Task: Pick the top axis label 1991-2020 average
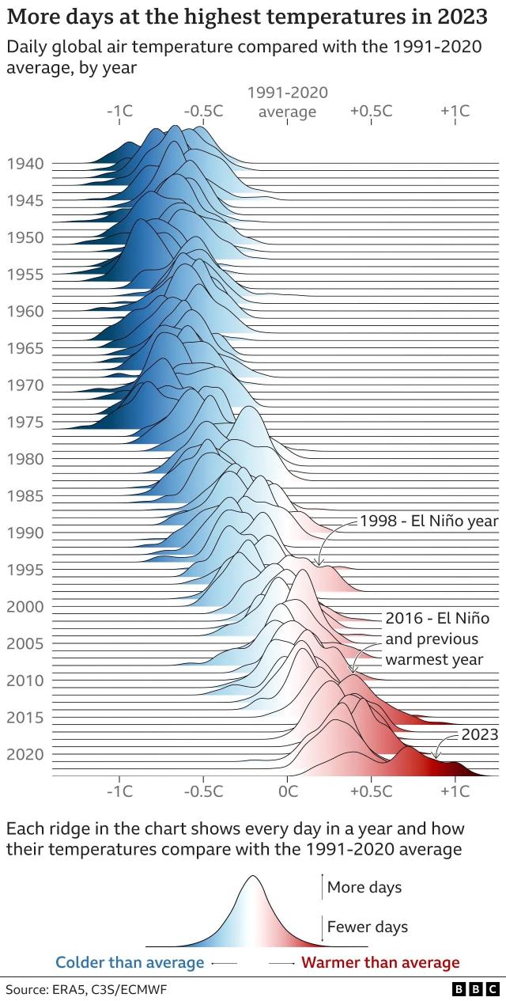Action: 287,102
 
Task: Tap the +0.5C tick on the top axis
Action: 371,111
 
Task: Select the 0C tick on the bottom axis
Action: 288,791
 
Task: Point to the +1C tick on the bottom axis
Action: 455,791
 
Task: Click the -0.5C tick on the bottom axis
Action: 203,791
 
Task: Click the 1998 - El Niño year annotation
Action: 429,521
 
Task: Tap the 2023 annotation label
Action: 479,734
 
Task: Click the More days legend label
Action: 364,887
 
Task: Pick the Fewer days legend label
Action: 367,927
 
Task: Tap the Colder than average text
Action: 129,962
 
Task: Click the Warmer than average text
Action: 380,962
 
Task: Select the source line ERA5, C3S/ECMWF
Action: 86,989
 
